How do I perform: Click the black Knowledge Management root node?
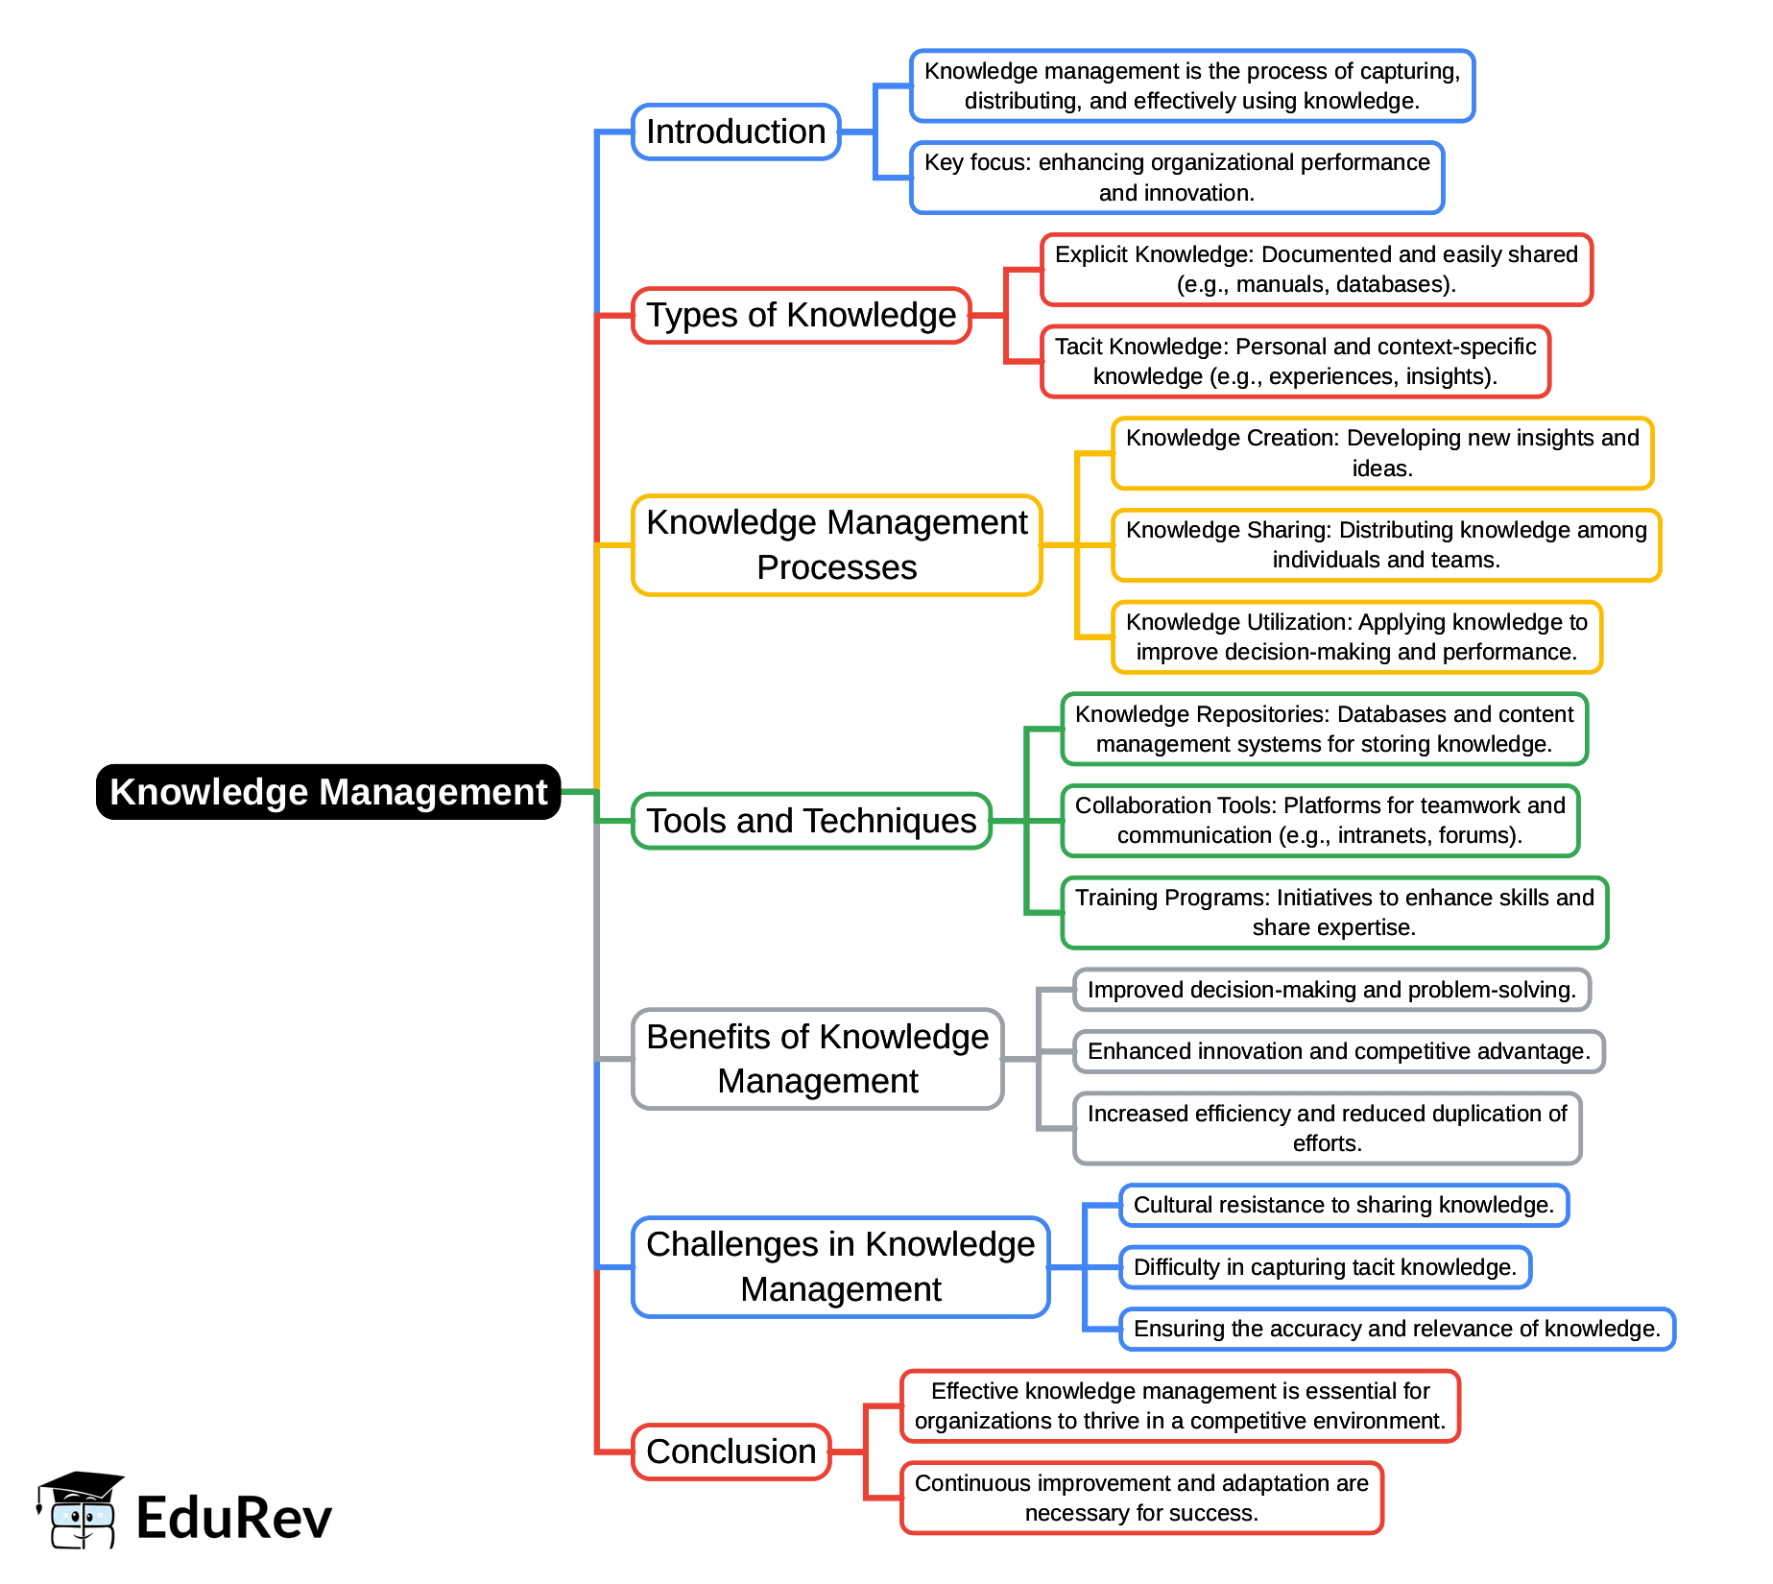pyautogui.click(x=328, y=792)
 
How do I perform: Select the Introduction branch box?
pyautogui.click(x=736, y=132)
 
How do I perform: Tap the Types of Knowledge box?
pyautogui.click(x=802, y=315)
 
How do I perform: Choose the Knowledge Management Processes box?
pyautogui.click(x=837, y=545)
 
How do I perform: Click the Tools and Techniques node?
pyautogui.click(x=811, y=821)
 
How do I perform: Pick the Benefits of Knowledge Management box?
pyautogui.click(x=818, y=1059)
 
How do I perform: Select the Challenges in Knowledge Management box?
pyautogui.click(x=841, y=1267)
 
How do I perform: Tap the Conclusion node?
pyautogui.click(x=731, y=1452)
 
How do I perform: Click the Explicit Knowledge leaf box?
pyautogui.click(x=1317, y=270)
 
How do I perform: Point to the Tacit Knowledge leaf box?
pyautogui.click(x=1296, y=362)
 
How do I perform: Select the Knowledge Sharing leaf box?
pyautogui.click(x=1386, y=545)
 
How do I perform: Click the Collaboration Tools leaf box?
pyautogui.click(x=1320, y=821)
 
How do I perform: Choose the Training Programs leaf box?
pyautogui.click(x=1334, y=913)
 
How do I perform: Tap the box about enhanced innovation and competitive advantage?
pyautogui.click(x=1339, y=1051)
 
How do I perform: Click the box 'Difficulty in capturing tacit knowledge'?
pyautogui.click(x=1326, y=1267)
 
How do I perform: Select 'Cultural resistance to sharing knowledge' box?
pyautogui.click(x=1344, y=1205)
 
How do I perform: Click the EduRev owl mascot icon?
pyautogui.click(x=80, y=1510)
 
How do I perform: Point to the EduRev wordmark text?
pyautogui.click(x=234, y=1518)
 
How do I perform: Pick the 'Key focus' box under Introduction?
pyautogui.click(x=1177, y=178)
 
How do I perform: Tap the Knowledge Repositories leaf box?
pyautogui.click(x=1325, y=729)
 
